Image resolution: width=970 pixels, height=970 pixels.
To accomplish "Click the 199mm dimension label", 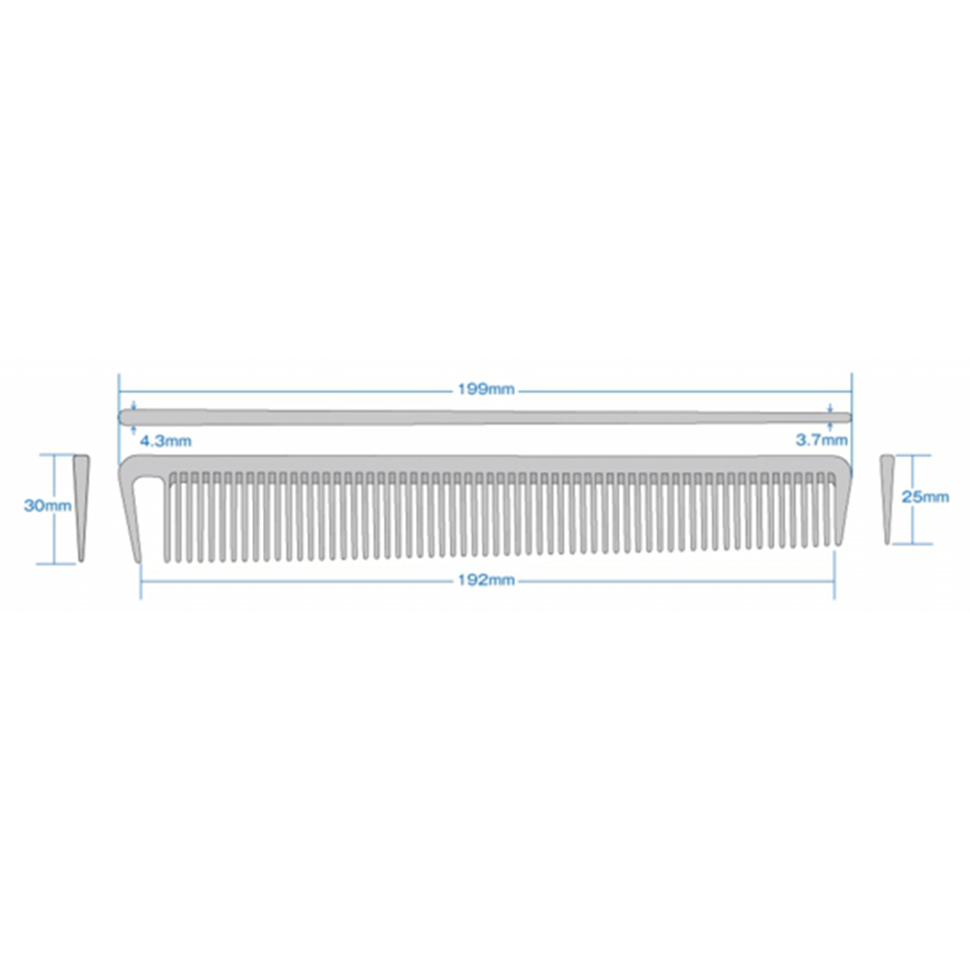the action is [x=486, y=390].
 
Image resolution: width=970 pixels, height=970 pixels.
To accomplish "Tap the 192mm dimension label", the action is [x=486, y=580].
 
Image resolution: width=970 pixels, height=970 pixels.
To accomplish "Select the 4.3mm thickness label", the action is [x=165, y=441].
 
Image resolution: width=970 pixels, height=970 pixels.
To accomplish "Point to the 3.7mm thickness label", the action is [x=822, y=440].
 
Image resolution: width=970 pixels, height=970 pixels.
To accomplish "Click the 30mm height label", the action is [x=48, y=505].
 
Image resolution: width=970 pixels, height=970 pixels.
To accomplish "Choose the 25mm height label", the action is [x=924, y=496].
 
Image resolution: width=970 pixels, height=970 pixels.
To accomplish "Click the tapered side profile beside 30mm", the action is [x=81, y=508].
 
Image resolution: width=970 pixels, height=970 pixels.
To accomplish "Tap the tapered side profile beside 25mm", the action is [x=888, y=500].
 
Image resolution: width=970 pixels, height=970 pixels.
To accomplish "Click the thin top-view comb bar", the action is [x=485, y=417].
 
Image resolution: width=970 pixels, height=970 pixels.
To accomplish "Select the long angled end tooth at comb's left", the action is [x=133, y=520].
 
